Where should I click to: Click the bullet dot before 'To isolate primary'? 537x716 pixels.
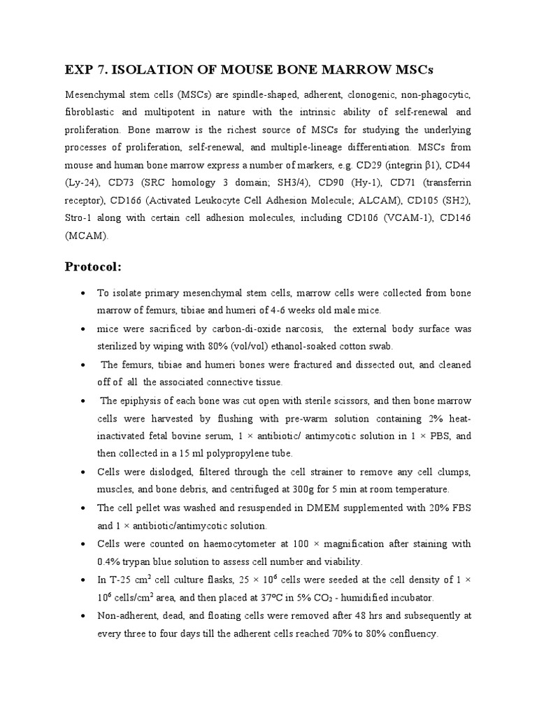tap(84, 292)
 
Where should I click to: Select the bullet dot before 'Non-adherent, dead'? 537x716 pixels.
tap(84, 616)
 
